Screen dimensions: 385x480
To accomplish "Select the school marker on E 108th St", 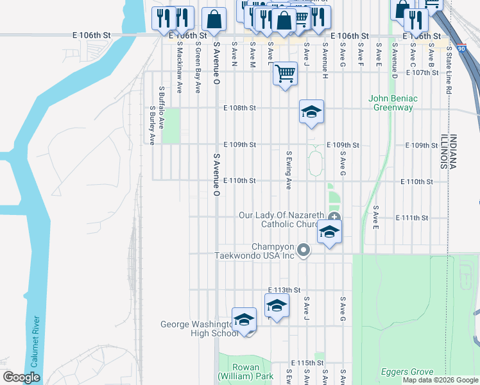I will [x=311, y=112].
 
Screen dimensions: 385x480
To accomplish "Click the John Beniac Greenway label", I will [x=393, y=103].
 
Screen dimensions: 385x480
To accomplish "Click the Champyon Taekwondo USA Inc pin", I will [x=304, y=250].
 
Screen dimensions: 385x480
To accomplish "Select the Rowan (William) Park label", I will [x=237, y=372].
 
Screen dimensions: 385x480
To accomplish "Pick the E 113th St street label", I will [x=284, y=290].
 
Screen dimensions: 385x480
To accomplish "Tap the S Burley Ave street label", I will [x=153, y=126].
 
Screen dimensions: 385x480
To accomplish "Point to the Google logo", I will [x=21, y=377].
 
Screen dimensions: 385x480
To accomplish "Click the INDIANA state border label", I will [x=452, y=151].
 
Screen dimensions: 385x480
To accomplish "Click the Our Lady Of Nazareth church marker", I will [x=334, y=216].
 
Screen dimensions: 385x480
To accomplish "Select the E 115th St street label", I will [x=306, y=363].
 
